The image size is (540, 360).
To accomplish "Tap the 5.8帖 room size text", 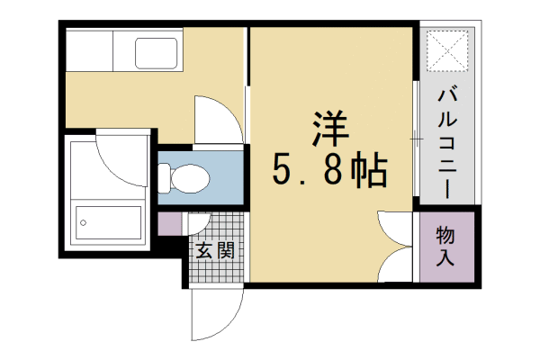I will coord(329,170).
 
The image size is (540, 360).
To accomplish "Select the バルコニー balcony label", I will coord(445,144).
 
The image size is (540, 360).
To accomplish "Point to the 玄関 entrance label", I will coord(215,249).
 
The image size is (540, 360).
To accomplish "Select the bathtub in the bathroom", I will coord(109,221).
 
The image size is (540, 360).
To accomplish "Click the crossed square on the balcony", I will coord(445,50).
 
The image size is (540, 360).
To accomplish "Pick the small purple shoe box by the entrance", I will coord(168,223).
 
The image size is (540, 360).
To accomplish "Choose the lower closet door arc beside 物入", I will coord(393,268).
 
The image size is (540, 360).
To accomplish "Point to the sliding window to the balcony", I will coord(415,139).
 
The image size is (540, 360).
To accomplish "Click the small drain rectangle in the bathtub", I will coord(83,220).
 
